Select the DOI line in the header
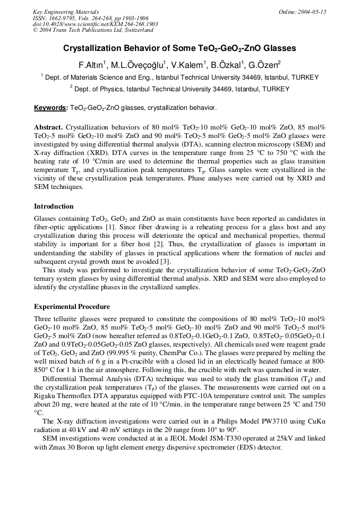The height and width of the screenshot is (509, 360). point(95,24)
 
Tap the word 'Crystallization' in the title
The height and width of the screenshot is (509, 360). point(92,48)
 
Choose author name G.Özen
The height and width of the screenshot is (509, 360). point(266,65)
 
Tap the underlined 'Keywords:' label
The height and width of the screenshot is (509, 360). point(50,108)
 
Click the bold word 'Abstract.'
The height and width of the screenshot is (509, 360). point(48,127)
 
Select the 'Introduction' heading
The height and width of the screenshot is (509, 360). point(54,206)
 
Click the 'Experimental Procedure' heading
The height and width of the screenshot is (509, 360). point(72,307)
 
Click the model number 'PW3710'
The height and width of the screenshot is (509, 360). point(275,421)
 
